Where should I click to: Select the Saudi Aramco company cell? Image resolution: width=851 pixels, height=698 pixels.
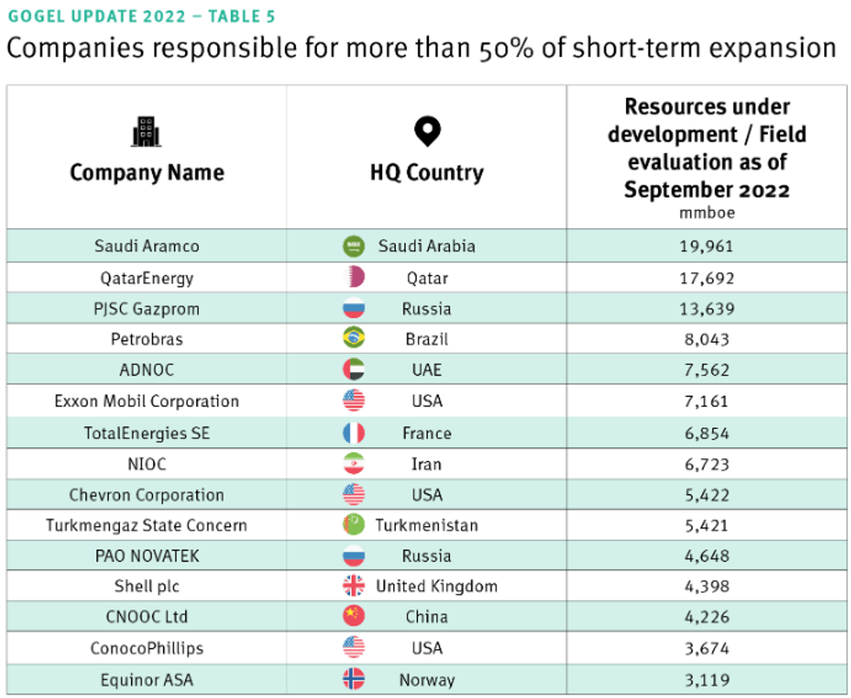tap(147, 246)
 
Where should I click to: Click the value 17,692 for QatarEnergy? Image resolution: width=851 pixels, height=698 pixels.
tap(708, 278)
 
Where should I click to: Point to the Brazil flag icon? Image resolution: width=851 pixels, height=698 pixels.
tap(354, 339)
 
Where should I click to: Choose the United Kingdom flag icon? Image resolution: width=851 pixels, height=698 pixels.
tap(354, 586)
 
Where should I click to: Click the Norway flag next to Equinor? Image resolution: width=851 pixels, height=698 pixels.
tap(354, 680)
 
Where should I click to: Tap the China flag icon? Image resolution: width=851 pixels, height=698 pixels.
tap(354, 617)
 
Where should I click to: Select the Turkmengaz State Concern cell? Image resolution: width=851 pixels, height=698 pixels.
tap(147, 525)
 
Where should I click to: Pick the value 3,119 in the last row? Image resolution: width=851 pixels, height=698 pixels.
tap(708, 680)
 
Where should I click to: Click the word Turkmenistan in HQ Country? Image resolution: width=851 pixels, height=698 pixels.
tap(426, 525)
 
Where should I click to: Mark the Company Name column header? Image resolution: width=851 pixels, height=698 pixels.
tap(147, 172)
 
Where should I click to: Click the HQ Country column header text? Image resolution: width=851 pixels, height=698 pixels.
tap(427, 172)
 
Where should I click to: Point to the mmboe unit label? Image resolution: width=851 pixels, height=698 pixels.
tap(707, 212)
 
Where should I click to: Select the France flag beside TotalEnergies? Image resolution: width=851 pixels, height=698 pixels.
tap(354, 432)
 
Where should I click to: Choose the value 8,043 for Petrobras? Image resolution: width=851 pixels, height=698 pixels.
tap(708, 339)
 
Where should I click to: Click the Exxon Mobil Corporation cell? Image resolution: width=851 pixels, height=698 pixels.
tap(147, 401)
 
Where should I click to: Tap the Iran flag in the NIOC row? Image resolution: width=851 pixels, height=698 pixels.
tap(354, 464)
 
